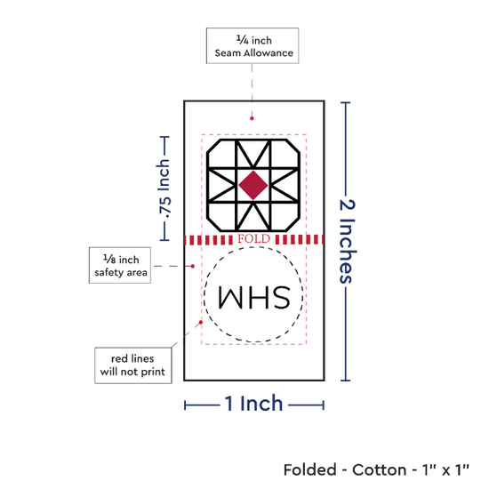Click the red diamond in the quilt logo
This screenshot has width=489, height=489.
pyautogui.click(x=253, y=185)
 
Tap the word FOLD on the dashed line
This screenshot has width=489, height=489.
pyautogui.click(x=254, y=239)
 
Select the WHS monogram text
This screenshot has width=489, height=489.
pyautogui.click(x=254, y=297)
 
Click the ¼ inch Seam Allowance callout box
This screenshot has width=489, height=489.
pyautogui.click(x=253, y=46)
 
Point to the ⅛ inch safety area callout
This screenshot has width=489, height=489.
pyautogui.click(x=120, y=266)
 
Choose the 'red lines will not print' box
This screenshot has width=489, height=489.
pyautogui.click(x=133, y=365)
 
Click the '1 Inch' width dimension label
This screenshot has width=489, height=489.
pyautogui.click(x=253, y=404)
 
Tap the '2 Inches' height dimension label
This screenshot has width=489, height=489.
pyautogui.click(x=347, y=241)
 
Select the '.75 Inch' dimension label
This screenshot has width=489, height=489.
pyautogui.click(x=164, y=188)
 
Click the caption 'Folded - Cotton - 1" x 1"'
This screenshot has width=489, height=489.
pyautogui.click(x=376, y=469)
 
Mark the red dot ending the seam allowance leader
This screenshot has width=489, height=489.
pyautogui.click(x=252, y=118)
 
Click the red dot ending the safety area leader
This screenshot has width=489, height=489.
pyautogui.click(x=193, y=266)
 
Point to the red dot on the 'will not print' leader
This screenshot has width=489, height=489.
pyautogui.click(x=201, y=322)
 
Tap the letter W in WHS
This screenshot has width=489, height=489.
pyautogui.click(x=230, y=297)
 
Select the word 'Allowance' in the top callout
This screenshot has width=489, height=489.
pyautogui.click(x=269, y=53)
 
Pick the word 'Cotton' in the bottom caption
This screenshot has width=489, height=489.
pyautogui.click(x=380, y=469)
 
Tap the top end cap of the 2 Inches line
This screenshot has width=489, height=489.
pyautogui.click(x=346, y=102)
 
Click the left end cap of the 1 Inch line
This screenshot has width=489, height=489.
pyautogui.click(x=185, y=405)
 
